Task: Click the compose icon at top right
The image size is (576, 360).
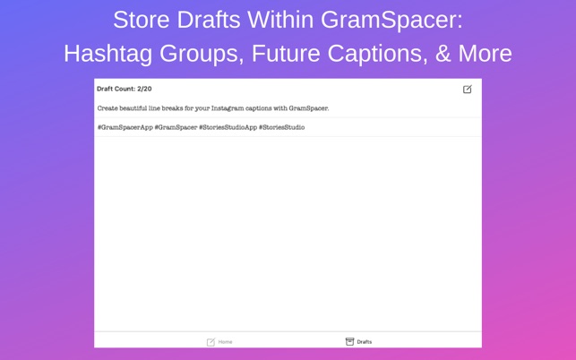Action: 468,89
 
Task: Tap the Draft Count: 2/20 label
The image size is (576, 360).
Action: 125,89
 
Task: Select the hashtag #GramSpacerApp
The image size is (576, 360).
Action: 125,127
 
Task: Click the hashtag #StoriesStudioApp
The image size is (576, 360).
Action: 228,127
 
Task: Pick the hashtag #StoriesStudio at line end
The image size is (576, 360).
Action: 282,127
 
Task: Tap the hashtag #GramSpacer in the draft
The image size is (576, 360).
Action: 176,127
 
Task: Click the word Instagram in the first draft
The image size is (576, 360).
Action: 228,108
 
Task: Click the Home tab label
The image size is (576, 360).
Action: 225,342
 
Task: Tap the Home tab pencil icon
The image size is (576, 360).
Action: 211,342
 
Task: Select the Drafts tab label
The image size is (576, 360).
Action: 365,342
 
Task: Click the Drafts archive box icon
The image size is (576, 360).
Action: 349,341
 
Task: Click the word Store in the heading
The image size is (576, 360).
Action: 142,20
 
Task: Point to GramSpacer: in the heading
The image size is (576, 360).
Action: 392,21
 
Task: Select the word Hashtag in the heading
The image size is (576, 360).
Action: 108,54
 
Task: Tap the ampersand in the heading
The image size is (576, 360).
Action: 443,54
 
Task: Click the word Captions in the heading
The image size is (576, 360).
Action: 378,55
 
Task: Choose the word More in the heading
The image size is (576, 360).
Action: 486,54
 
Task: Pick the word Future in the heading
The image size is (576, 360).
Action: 286,54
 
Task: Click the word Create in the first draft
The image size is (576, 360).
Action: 107,108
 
